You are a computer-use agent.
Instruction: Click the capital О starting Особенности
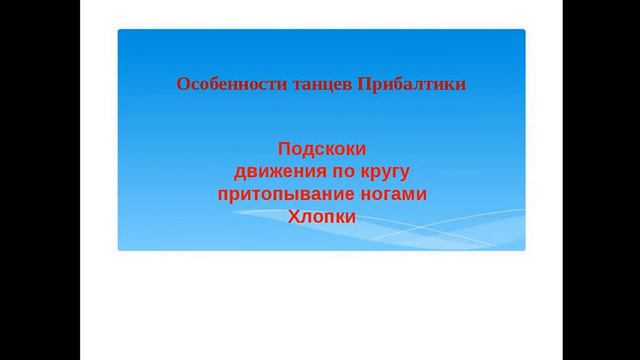click(x=182, y=84)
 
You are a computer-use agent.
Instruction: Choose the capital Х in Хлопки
click(x=293, y=215)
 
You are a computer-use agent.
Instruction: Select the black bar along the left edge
click(x=40, y=180)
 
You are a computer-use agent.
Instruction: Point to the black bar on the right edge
click(x=600, y=180)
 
